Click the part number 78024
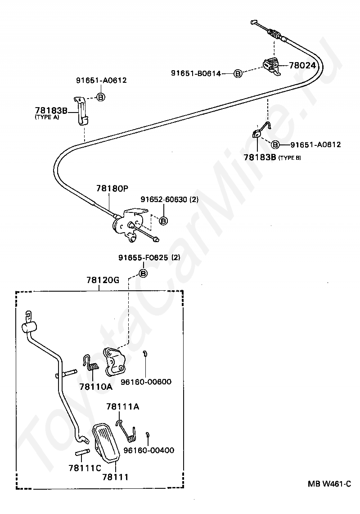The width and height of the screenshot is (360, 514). (x=302, y=65)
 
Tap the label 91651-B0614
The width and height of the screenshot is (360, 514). (x=196, y=73)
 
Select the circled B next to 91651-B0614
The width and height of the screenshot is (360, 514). (x=238, y=74)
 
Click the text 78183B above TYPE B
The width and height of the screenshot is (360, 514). (x=260, y=157)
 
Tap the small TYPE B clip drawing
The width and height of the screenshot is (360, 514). (x=261, y=130)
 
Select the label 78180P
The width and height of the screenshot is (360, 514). (x=112, y=189)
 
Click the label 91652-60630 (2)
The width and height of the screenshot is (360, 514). (x=170, y=199)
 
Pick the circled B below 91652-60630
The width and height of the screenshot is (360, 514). (x=163, y=221)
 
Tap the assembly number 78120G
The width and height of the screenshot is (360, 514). (x=103, y=280)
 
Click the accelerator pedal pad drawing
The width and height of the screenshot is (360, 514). (x=106, y=442)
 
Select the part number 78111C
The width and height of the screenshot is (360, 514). (x=85, y=468)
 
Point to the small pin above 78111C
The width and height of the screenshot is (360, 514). (x=81, y=452)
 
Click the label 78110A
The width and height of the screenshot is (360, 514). (x=96, y=387)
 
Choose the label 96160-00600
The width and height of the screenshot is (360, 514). (x=146, y=382)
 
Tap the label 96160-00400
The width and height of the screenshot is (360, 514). (x=148, y=451)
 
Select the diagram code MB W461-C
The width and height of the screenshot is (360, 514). (x=329, y=484)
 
